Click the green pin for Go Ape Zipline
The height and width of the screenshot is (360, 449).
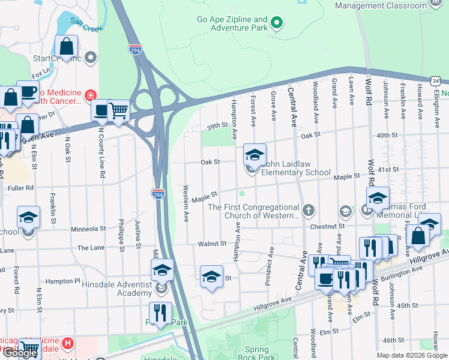pos(276,23)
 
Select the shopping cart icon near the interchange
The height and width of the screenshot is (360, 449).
pos(118,110)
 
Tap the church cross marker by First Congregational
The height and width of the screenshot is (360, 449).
pos(309,209)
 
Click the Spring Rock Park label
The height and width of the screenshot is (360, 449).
pos(261,353)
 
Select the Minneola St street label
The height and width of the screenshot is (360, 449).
pos(88,229)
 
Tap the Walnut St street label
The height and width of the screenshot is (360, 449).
pos(212,244)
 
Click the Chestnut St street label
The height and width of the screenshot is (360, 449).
pos(327,226)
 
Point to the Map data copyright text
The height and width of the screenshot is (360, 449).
pos(411,355)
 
